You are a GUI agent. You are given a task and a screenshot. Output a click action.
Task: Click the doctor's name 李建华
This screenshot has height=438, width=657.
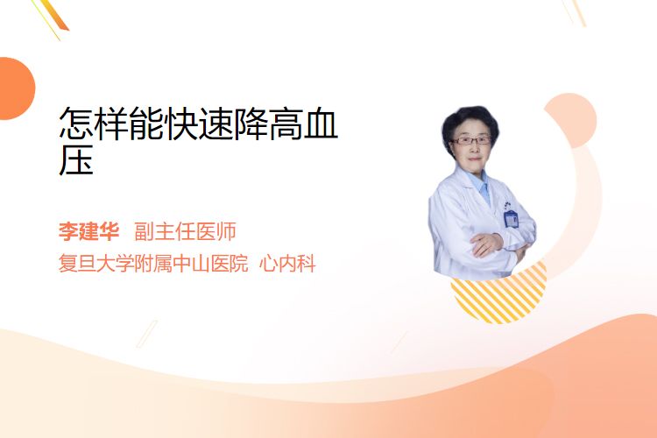pyautogui.click(x=88, y=231)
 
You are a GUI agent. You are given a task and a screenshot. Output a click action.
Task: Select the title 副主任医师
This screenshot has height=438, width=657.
pyautogui.click(x=185, y=231)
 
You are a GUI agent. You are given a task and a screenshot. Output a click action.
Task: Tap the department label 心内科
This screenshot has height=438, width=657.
pyautogui.click(x=287, y=264)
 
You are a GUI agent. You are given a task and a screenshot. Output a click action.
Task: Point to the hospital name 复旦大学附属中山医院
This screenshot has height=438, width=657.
pyautogui.click(x=153, y=264)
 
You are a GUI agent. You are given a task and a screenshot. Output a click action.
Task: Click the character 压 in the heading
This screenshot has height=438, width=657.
pyautogui.click(x=76, y=160)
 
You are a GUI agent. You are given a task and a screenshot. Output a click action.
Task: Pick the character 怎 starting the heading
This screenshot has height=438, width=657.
pyautogui.click(x=76, y=124)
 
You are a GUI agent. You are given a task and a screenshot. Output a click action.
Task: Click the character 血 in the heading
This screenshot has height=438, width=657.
pyautogui.click(x=321, y=124)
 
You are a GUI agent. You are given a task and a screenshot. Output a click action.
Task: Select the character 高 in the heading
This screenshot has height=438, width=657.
pyautogui.click(x=286, y=124)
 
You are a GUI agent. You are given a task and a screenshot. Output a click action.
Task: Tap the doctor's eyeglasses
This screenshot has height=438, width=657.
pyautogui.click(x=471, y=140)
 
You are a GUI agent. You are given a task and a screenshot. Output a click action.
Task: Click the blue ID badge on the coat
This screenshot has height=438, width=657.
pyautogui.click(x=511, y=218)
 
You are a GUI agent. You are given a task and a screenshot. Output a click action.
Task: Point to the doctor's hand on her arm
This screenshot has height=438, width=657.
pyautogui.click(x=486, y=244)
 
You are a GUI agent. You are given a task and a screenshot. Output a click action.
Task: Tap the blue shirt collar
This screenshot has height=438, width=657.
pyautogui.click(x=481, y=185)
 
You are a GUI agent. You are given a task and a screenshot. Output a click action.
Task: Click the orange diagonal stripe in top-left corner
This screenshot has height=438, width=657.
pyautogui.click(x=54, y=16)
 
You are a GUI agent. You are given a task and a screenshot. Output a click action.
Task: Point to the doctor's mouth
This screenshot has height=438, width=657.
pyautogui.click(x=474, y=159)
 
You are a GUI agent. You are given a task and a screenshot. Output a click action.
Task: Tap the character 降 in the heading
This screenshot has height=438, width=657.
pyautogui.click(x=251, y=124)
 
